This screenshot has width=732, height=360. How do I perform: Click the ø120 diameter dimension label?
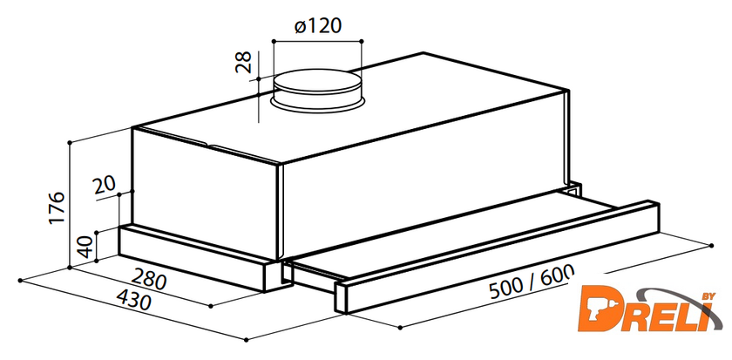coord(318,26)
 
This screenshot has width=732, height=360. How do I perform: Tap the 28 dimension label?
coord(243,62)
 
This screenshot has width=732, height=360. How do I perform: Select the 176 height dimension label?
coord(57,207)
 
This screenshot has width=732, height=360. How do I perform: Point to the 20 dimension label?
coord(104,186)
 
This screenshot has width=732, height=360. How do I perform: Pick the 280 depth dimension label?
coord(148,279)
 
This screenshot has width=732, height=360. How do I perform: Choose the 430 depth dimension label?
coord(133,300)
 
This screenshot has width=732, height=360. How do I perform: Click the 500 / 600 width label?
coord(531,282)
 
